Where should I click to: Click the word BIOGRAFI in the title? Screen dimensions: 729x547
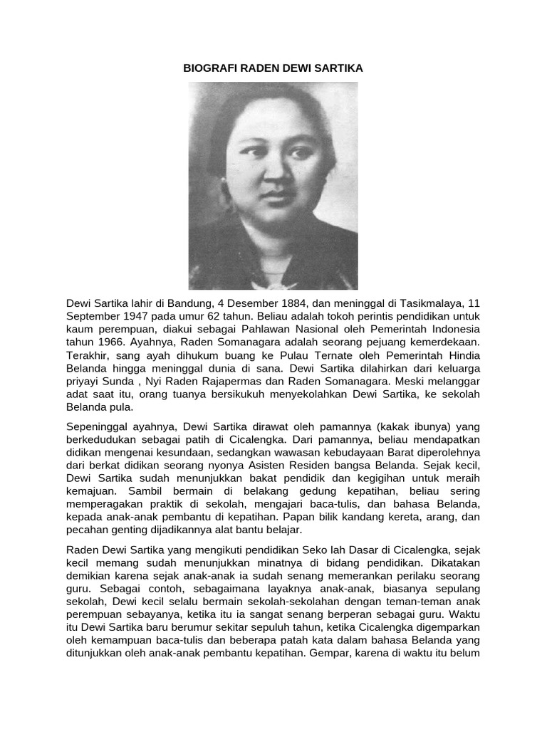(206, 68)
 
